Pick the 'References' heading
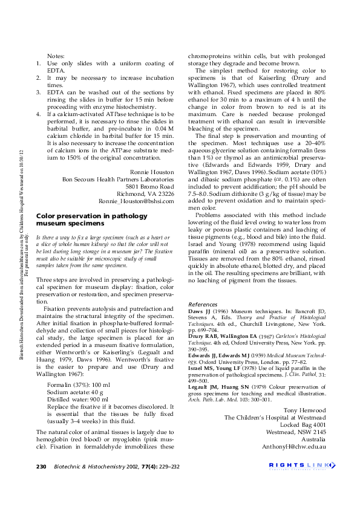203,304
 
